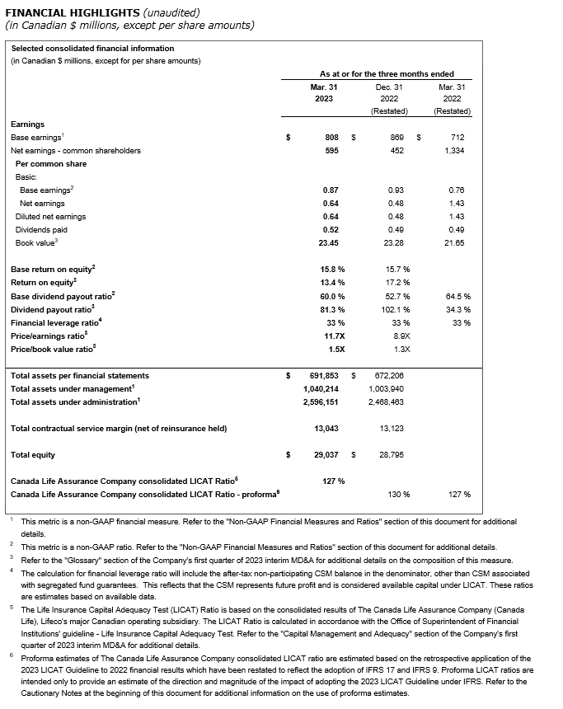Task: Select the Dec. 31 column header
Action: [x=388, y=86]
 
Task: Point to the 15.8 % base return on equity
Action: [x=332, y=270]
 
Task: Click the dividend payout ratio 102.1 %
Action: [x=398, y=309]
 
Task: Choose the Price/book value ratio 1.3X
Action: [x=401, y=349]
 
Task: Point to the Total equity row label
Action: [x=32, y=454]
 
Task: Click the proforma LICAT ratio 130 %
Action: [x=399, y=494]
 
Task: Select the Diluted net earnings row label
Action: [x=50, y=217]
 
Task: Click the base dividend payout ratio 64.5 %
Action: [x=457, y=296]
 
